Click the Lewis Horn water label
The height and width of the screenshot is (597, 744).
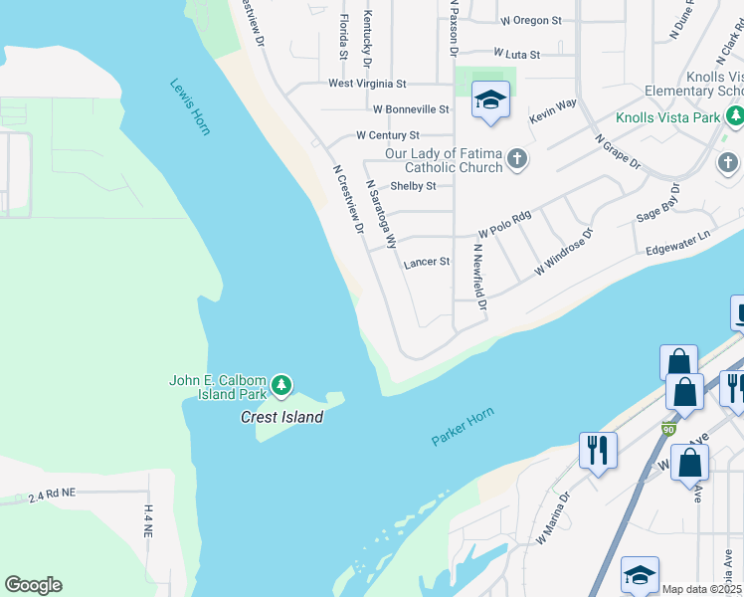coord(190,106)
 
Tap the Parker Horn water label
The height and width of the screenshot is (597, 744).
coord(463,426)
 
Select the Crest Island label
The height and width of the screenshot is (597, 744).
coord(281,417)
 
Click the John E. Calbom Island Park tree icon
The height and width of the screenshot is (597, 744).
coord(281,384)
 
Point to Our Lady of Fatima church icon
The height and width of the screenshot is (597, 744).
coord(517,158)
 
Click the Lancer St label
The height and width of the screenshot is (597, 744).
coord(427,263)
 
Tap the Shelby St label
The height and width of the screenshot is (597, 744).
coord(413,186)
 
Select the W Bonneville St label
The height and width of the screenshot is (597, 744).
coord(411,109)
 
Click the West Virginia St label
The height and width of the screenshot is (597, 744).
coord(368,84)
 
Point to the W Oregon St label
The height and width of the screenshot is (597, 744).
coord(531,20)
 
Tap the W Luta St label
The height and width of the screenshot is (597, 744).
coord(516,55)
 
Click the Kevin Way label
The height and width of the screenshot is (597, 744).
coord(553,110)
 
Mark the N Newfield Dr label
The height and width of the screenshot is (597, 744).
coord(480,277)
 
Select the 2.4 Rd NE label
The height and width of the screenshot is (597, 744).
coord(53,495)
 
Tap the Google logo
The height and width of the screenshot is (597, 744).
coord(33,585)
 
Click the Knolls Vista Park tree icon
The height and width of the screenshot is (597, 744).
coord(735,117)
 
